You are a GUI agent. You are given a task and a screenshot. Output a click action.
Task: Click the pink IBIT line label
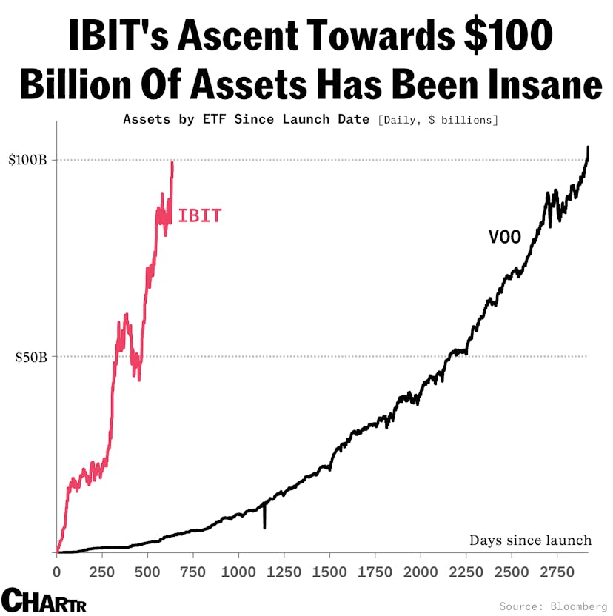[x=199, y=216]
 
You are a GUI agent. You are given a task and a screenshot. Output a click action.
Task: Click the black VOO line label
[x=505, y=237]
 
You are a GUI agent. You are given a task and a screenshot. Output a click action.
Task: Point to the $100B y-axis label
[x=27, y=161]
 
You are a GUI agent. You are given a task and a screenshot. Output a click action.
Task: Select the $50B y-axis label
[x=30, y=357]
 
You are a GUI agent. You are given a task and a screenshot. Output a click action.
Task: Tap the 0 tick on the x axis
[x=57, y=572]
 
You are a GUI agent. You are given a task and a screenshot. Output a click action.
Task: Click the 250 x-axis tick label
[x=102, y=572]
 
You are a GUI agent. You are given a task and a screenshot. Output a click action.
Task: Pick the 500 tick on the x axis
[x=147, y=572]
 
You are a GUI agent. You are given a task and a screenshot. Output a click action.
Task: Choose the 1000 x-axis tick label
[x=238, y=572]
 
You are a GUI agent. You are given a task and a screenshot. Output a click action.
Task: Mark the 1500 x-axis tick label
[x=329, y=572]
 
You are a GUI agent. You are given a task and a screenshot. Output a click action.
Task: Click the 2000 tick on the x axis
[x=421, y=572]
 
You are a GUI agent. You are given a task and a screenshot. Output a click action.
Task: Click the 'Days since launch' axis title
[x=530, y=540]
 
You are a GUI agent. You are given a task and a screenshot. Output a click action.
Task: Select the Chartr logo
[x=44, y=600]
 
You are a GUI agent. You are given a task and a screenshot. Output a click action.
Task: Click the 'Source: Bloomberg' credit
[x=552, y=606]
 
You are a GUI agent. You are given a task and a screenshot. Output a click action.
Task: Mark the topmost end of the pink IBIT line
[x=172, y=163]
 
